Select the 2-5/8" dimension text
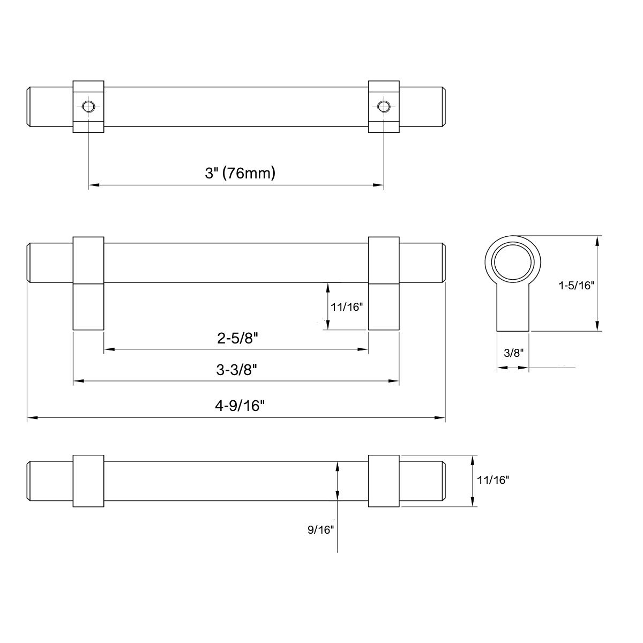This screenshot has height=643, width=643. point(236,338)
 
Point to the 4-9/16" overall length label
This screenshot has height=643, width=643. point(236,406)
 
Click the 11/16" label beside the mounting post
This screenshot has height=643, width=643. point(347,307)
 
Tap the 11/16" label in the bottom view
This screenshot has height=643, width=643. point(494,480)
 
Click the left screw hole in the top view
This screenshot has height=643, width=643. point(88,106)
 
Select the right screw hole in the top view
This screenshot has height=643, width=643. point(383,106)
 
